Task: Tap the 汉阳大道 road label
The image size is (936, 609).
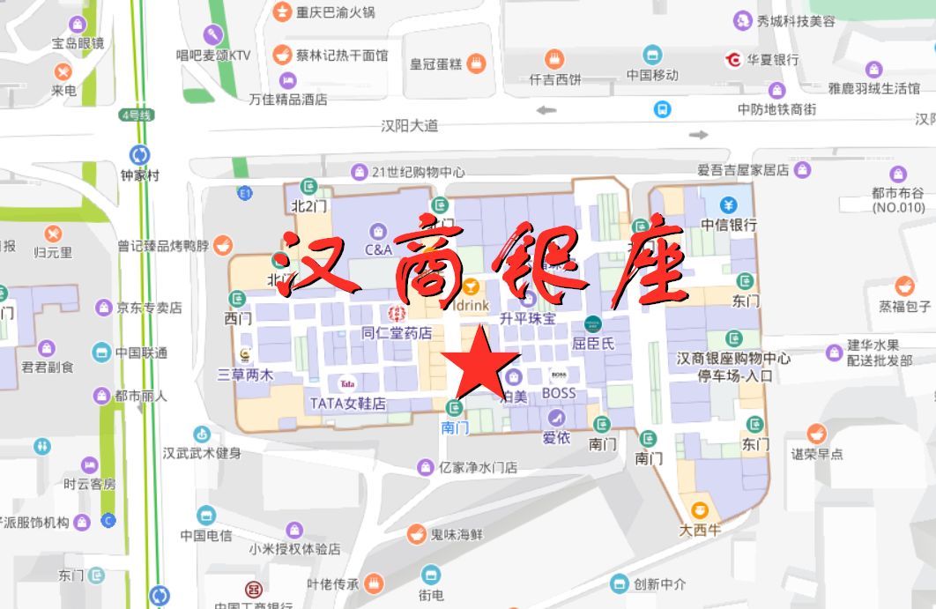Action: pyautogui.click(x=410, y=126)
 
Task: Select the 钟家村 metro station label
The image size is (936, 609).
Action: pyautogui.click(x=140, y=175)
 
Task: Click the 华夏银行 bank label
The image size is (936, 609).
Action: pyautogui.click(x=773, y=60)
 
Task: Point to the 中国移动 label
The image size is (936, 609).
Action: pyautogui.click(x=652, y=75)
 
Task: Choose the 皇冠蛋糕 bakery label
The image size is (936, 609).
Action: pyautogui.click(x=436, y=63)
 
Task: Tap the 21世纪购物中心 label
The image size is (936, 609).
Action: pyautogui.click(x=418, y=172)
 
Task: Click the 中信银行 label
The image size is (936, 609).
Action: pyautogui.click(x=729, y=224)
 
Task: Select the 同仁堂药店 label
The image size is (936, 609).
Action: pyautogui.click(x=397, y=333)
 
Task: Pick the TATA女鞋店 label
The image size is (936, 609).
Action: pyautogui.click(x=348, y=404)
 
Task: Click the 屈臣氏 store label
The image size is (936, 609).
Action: pyautogui.click(x=593, y=343)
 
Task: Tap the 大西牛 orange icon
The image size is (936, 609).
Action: pyautogui.click(x=700, y=510)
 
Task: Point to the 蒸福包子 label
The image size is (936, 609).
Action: pyautogui.click(x=904, y=306)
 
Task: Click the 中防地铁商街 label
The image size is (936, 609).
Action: pyautogui.click(x=776, y=109)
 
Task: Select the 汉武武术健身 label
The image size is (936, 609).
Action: pyautogui.click(x=202, y=453)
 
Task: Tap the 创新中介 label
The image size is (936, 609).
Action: pyautogui.click(x=659, y=583)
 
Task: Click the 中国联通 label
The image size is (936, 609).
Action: pyautogui.click(x=142, y=353)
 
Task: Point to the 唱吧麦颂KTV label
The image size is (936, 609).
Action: pyautogui.click(x=212, y=55)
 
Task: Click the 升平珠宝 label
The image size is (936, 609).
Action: pyautogui.click(x=527, y=318)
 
